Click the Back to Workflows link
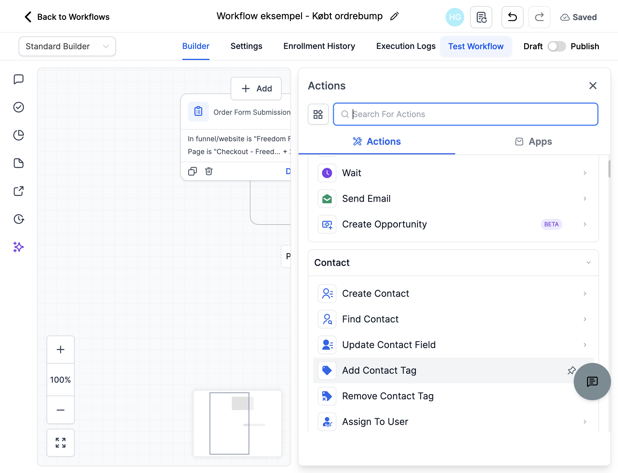67,17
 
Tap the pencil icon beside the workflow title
394,16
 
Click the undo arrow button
512,17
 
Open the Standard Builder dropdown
67,46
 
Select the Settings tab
246,46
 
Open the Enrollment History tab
319,46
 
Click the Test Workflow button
476,46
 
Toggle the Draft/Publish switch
557,46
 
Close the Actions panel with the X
593,86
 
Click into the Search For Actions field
466,114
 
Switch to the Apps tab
533,142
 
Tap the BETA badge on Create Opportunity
551,224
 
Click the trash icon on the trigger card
209,171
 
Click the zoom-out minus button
61,410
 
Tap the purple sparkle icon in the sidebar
18,247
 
